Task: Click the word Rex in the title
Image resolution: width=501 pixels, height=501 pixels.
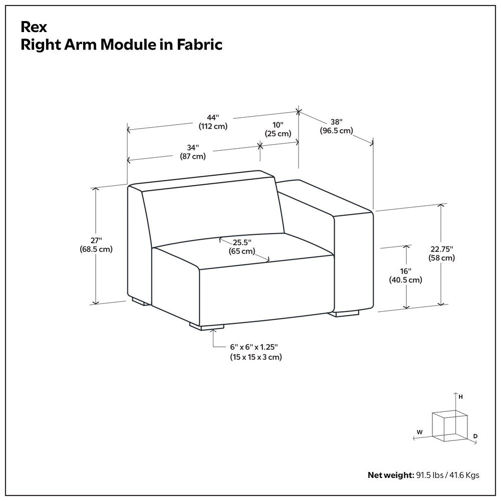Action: tap(34, 27)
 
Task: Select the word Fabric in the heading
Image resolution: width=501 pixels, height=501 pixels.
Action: tap(199, 45)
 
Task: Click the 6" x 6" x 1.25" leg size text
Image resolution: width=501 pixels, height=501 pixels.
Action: tap(254, 347)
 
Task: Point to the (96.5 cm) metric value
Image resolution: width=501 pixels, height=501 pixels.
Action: tap(337, 131)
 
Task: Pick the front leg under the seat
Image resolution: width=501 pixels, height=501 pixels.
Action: tap(207, 326)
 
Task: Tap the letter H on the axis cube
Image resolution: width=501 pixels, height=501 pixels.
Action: tap(460, 397)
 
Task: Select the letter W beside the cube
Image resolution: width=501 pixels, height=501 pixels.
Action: tap(419, 432)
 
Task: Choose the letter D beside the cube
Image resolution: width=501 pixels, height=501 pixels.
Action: tap(475, 436)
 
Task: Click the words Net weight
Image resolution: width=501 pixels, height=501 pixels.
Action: tap(391, 475)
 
